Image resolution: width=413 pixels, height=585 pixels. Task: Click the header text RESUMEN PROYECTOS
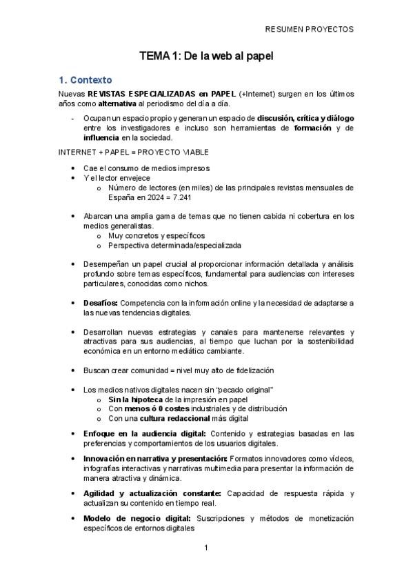(309, 30)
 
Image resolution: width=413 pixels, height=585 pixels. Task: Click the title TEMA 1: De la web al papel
(206, 57)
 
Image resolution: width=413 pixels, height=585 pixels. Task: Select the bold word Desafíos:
(101, 303)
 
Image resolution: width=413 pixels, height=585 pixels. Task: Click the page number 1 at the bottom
(206, 548)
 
